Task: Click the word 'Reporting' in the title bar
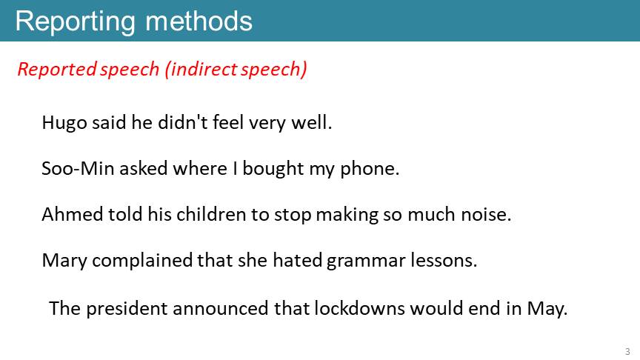[76, 22]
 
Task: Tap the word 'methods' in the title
[199, 21]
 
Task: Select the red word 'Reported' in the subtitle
[57, 70]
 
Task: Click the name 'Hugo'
[64, 123]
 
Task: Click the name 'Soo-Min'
[78, 168]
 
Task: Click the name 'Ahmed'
[73, 214]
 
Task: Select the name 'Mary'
[64, 261]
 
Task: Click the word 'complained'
[142, 261]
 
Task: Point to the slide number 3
[627, 351]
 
